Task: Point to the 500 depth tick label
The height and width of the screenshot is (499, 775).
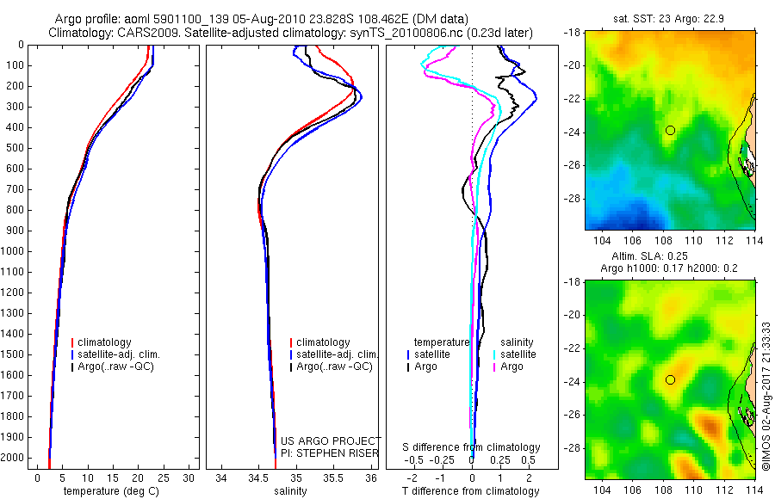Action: coord(15,148)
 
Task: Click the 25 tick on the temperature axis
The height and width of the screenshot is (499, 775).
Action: coord(164,477)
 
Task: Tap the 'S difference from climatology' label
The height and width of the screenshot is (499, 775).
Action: coord(472,447)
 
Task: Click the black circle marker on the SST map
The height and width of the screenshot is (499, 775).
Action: coord(670,130)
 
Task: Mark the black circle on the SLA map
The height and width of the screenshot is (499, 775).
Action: coord(670,379)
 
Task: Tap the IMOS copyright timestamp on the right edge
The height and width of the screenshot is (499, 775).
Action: coord(766,396)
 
